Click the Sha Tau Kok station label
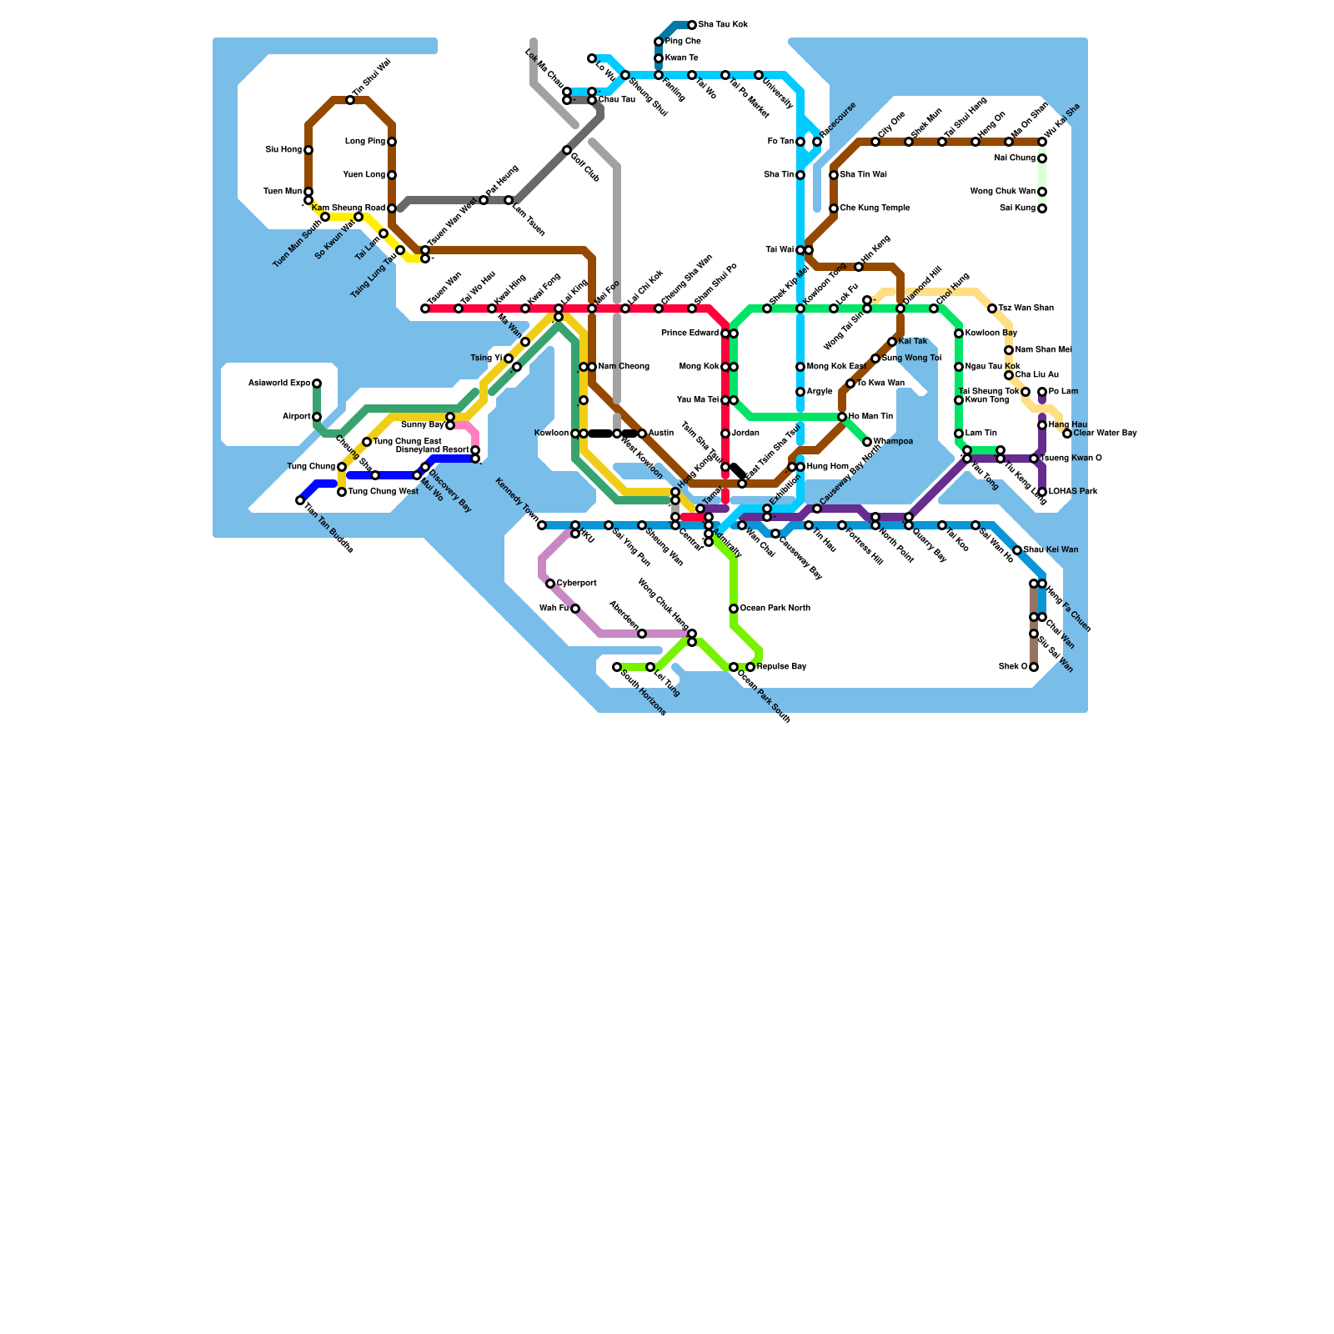[x=723, y=25]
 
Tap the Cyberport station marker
[x=550, y=584]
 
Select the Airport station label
[x=296, y=417]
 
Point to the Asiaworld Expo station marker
[x=317, y=384]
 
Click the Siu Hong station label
[x=283, y=150]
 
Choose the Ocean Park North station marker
[x=734, y=609]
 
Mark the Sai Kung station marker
[x=1042, y=208]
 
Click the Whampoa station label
[x=893, y=442]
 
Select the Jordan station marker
[x=725, y=434]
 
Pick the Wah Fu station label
[x=554, y=609]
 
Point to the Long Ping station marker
[x=392, y=142]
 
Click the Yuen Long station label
[x=364, y=175]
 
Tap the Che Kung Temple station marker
[x=834, y=208]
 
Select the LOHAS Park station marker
[x=1042, y=492]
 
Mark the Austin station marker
[x=642, y=434]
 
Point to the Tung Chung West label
[x=383, y=492]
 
